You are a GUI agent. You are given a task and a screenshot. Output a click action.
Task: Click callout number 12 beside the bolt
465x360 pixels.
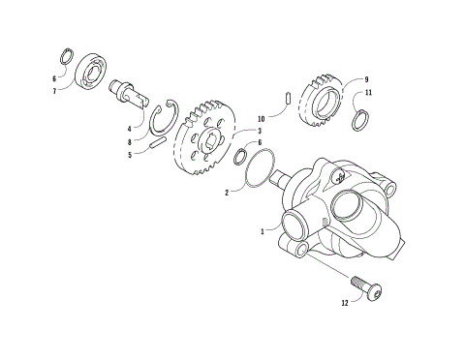pos(345,303)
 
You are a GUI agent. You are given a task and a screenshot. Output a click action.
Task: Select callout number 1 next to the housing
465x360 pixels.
pos(262,231)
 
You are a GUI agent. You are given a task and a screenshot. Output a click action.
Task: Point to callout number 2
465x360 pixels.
pos(227,193)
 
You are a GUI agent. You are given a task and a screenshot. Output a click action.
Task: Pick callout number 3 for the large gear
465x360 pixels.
pos(260,130)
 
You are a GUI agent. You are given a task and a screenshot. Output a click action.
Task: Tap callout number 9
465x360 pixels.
pos(367,79)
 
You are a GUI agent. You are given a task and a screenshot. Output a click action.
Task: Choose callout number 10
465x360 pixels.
pos(261,119)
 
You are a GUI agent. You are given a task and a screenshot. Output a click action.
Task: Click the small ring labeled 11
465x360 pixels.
pos(358,120)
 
